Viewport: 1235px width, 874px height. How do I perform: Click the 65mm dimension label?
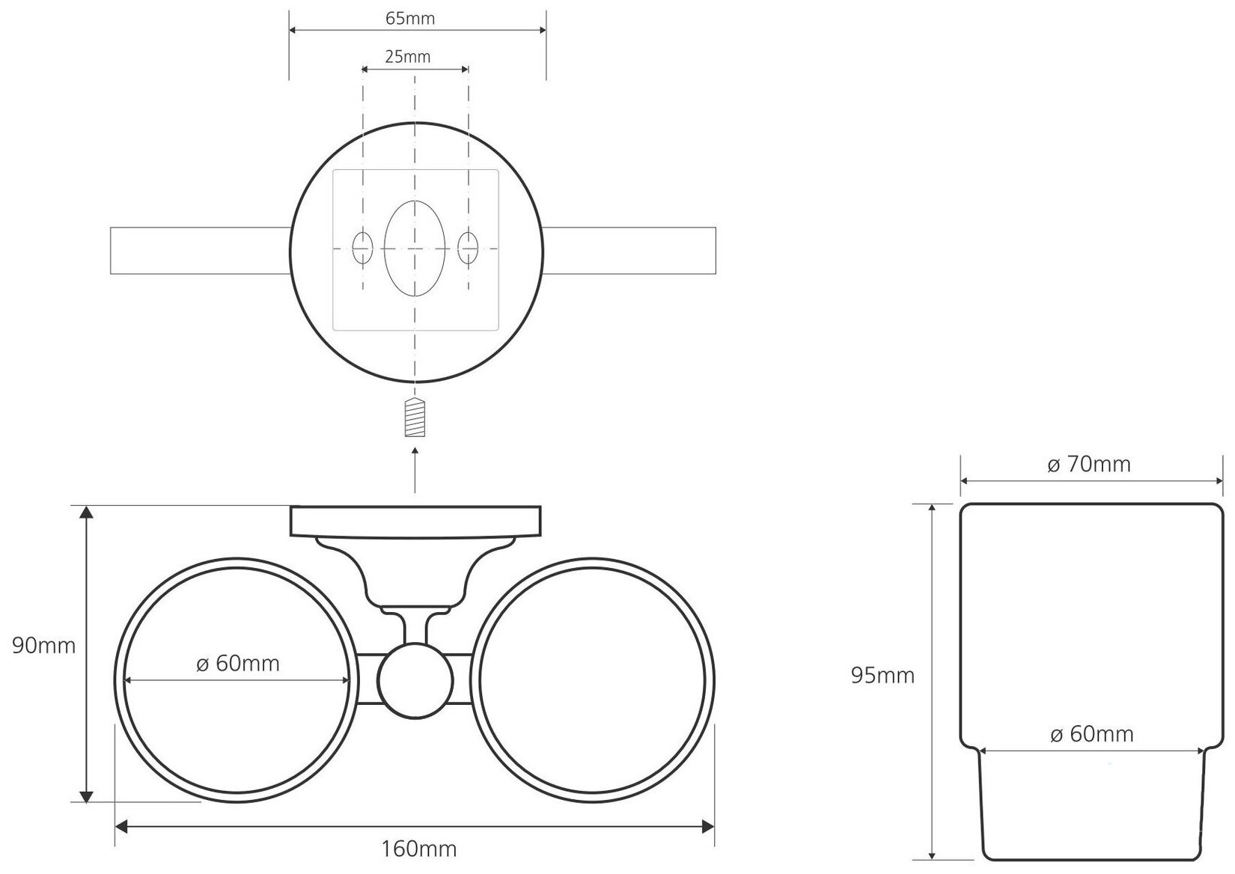click(x=409, y=19)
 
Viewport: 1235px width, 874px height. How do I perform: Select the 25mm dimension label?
click(x=408, y=56)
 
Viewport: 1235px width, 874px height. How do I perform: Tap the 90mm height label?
click(x=44, y=645)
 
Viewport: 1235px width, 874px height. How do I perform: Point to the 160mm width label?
click(x=419, y=849)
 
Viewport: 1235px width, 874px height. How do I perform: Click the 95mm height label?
click(x=882, y=676)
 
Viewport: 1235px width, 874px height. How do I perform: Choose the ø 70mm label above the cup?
click(x=1088, y=465)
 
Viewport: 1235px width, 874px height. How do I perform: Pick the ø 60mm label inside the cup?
click(x=1091, y=734)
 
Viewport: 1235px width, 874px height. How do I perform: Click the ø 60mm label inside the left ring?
click(x=237, y=663)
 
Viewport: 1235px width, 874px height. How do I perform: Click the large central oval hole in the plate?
click(x=414, y=248)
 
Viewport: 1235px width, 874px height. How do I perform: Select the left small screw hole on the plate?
click(x=363, y=248)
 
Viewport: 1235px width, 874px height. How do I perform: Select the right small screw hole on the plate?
click(x=469, y=248)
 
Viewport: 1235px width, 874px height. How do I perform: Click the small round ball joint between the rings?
click(x=415, y=680)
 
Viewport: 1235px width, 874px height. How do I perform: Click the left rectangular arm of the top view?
click(x=200, y=249)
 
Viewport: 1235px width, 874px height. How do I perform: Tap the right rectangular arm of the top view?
click(x=629, y=249)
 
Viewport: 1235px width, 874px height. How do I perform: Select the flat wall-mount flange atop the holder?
click(x=416, y=521)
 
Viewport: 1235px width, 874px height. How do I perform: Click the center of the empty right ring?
click(x=595, y=680)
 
